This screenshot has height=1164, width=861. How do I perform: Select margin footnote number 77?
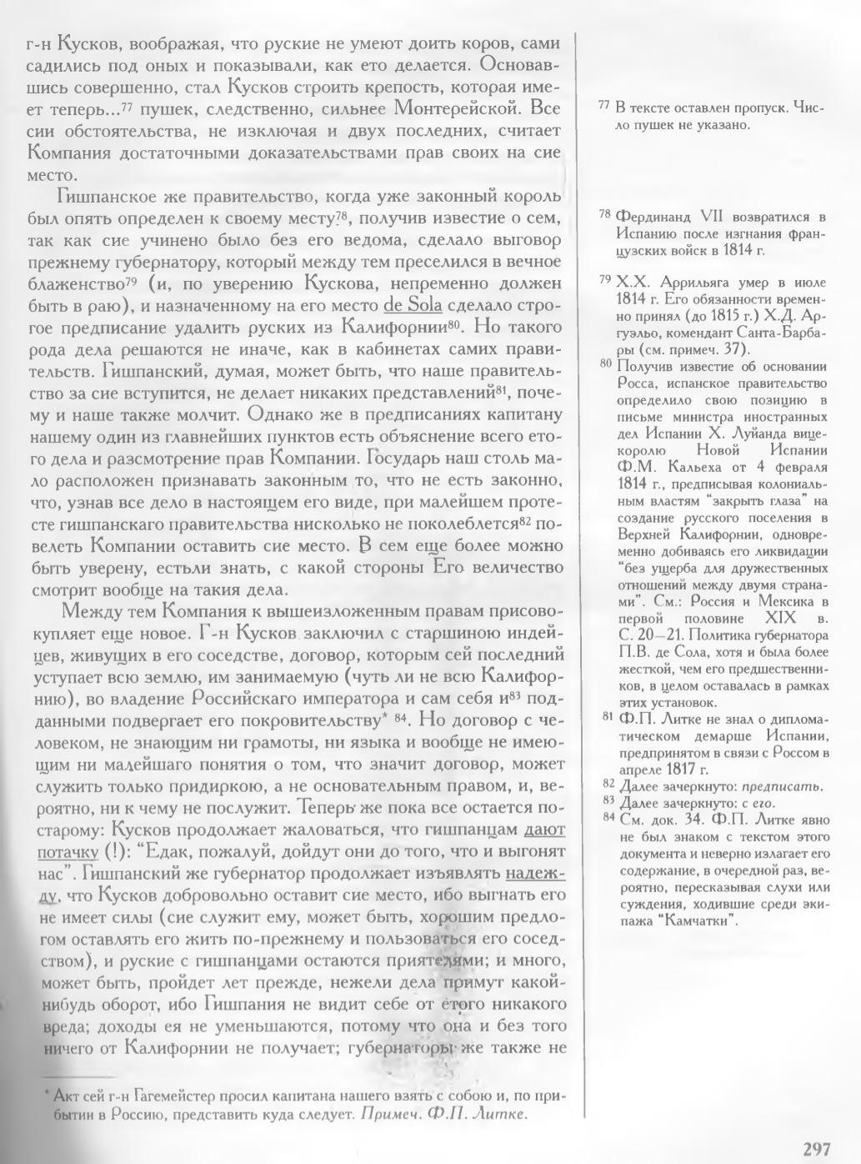pyautogui.click(x=604, y=108)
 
